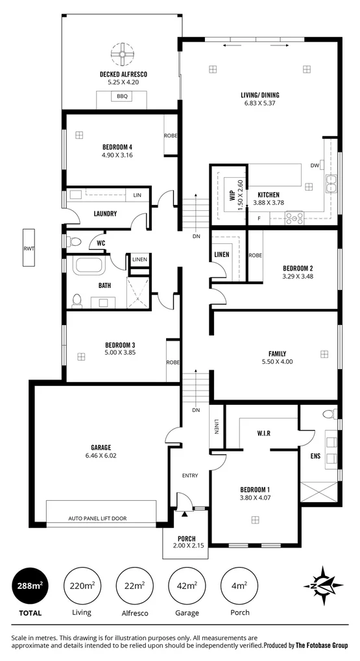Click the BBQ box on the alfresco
[123, 97]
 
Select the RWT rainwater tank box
[29, 248]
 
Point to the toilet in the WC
[75, 243]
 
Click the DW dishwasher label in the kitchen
[315, 165]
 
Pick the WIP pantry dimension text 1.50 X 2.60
[239, 193]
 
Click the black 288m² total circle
[29, 586]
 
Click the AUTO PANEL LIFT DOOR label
[101, 519]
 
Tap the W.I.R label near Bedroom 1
[263, 433]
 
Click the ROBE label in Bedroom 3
[173, 362]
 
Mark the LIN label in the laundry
[138, 195]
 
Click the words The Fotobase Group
[322, 645]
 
